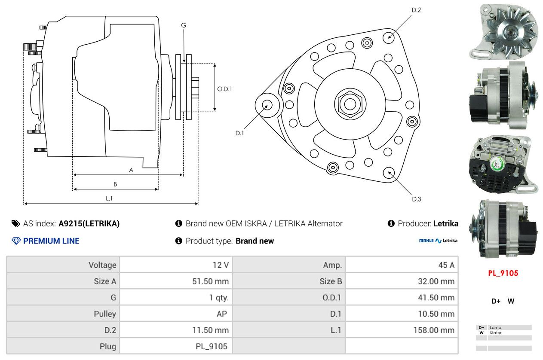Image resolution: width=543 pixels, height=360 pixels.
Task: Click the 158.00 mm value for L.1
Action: pyautogui.click(x=434, y=330)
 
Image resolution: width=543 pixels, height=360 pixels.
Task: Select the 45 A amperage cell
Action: pyautogui.click(x=446, y=265)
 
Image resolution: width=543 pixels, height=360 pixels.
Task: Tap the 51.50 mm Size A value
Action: pyautogui.click(x=210, y=281)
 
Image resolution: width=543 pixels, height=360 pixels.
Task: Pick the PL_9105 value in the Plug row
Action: pyautogui.click(x=212, y=346)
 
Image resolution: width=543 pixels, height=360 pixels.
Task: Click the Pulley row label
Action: pyautogui.click(x=105, y=314)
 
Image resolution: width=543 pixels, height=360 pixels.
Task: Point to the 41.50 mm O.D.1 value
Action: pyautogui.click(x=436, y=298)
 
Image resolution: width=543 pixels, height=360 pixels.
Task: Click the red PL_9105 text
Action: pyautogui.click(x=503, y=273)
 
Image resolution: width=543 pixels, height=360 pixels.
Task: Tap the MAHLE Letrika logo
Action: pyautogui.click(x=438, y=241)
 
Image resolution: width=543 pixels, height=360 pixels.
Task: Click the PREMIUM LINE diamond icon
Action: pyautogui.click(x=16, y=241)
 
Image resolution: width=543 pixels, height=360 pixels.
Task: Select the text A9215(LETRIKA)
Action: pyautogui.click(x=89, y=223)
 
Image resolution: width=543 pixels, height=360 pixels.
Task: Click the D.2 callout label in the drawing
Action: pyautogui.click(x=416, y=10)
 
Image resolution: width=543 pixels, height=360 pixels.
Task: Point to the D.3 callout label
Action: pyautogui.click(x=417, y=199)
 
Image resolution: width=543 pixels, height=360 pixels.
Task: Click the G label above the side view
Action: pyautogui.click(x=184, y=25)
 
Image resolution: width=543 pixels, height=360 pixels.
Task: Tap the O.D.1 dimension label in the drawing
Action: pyautogui.click(x=224, y=89)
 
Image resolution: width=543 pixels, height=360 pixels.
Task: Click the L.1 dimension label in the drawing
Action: pyautogui.click(x=109, y=198)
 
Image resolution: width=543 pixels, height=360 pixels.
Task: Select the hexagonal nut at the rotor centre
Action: pyautogui.click(x=350, y=104)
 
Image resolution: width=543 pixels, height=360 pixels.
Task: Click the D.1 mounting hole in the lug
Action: pyautogui.click(x=267, y=105)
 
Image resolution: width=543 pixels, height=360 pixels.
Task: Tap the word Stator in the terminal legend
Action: pyautogui.click(x=495, y=333)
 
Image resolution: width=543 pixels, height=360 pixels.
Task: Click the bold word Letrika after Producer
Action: pyautogui.click(x=445, y=223)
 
